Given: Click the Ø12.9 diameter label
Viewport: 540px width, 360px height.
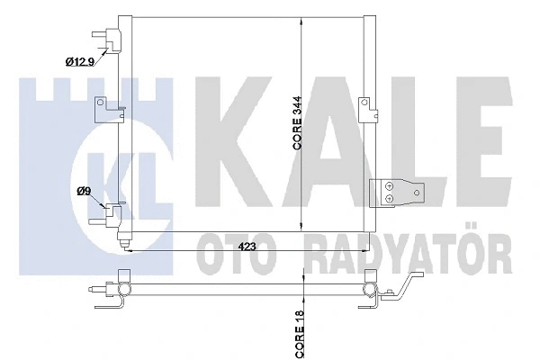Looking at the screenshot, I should [80, 61].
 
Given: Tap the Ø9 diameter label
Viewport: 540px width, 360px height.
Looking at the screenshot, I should [83, 190].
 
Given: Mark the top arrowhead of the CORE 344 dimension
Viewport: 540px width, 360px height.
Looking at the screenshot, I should [301, 19].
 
